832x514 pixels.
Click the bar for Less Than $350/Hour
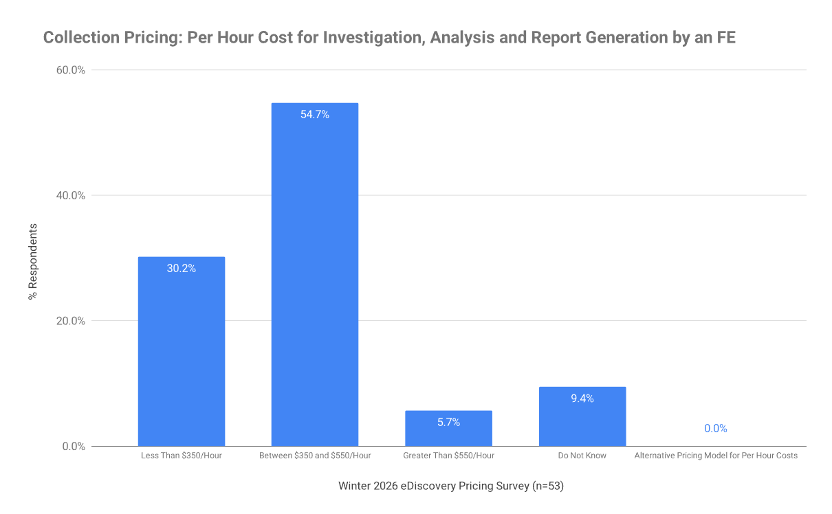click(x=182, y=351)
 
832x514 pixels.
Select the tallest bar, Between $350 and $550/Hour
click(x=315, y=274)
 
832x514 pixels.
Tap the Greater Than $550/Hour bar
click(x=448, y=428)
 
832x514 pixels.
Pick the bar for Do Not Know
click(x=582, y=416)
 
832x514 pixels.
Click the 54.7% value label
click(x=315, y=114)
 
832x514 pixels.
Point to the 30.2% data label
click(x=182, y=268)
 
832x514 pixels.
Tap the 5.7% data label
click(x=448, y=422)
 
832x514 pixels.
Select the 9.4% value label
click(x=582, y=398)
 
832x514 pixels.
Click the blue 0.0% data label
click(x=715, y=428)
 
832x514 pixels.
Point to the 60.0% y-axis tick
click(x=71, y=70)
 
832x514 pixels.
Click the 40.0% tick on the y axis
click(x=71, y=195)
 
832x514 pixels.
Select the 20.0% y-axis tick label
click(x=71, y=321)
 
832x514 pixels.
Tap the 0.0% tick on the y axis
click(x=74, y=446)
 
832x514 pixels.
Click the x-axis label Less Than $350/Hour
click(x=182, y=456)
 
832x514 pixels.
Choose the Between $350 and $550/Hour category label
click(x=315, y=456)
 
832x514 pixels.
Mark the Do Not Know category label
click(x=582, y=456)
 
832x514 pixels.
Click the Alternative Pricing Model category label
click(x=716, y=456)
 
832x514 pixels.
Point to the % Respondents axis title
click(x=33, y=262)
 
